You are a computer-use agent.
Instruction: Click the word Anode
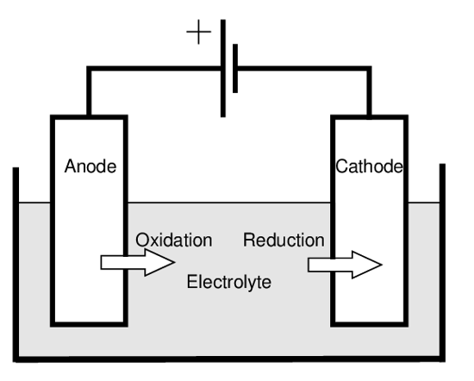point(90,166)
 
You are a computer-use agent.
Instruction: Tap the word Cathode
point(369,166)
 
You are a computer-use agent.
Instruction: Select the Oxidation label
point(174,240)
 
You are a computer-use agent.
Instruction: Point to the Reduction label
point(284,240)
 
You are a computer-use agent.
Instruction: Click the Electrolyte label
point(229,282)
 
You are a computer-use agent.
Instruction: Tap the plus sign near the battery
point(198,32)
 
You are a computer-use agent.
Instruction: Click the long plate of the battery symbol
point(223,68)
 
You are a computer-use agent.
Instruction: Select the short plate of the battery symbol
point(235,68)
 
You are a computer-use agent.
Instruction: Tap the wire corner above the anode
point(89,68)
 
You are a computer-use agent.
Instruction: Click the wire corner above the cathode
point(369,68)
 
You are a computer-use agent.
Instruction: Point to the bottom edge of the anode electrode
point(89,324)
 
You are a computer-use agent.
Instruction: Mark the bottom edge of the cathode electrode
point(369,324)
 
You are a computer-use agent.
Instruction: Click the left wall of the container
point(16,265)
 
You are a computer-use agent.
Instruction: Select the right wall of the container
point(442,262)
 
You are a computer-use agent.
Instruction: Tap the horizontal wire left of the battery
point(155,68)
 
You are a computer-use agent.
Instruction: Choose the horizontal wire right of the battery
point(303,68)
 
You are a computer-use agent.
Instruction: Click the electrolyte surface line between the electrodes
point(229,203)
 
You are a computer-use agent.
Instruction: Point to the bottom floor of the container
point(229,359)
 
